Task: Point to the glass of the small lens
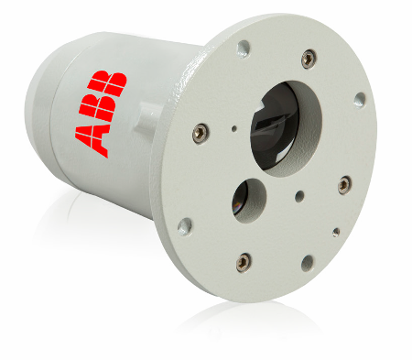240,199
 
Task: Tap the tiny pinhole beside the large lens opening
234,128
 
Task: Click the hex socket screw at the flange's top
309,59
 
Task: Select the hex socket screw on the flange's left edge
201,134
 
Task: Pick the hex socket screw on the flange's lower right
344,185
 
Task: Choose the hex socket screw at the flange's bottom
244,262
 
